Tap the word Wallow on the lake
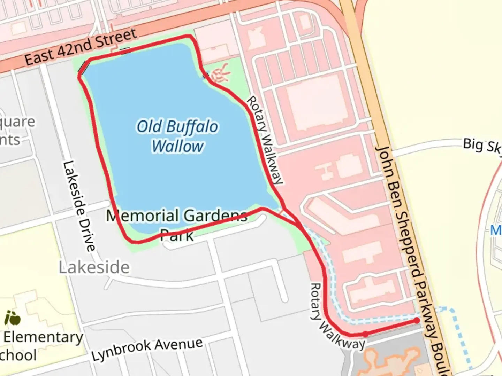click(x=178, y=146)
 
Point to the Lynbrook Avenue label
click(x=147, y=349)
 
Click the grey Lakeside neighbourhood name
click(x=94, y=267)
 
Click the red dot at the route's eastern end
click(x=417, y=321)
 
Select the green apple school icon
click(x=12, y=318)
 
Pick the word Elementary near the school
click(x=43, y=337)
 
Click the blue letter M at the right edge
click(x=496, y=230)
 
